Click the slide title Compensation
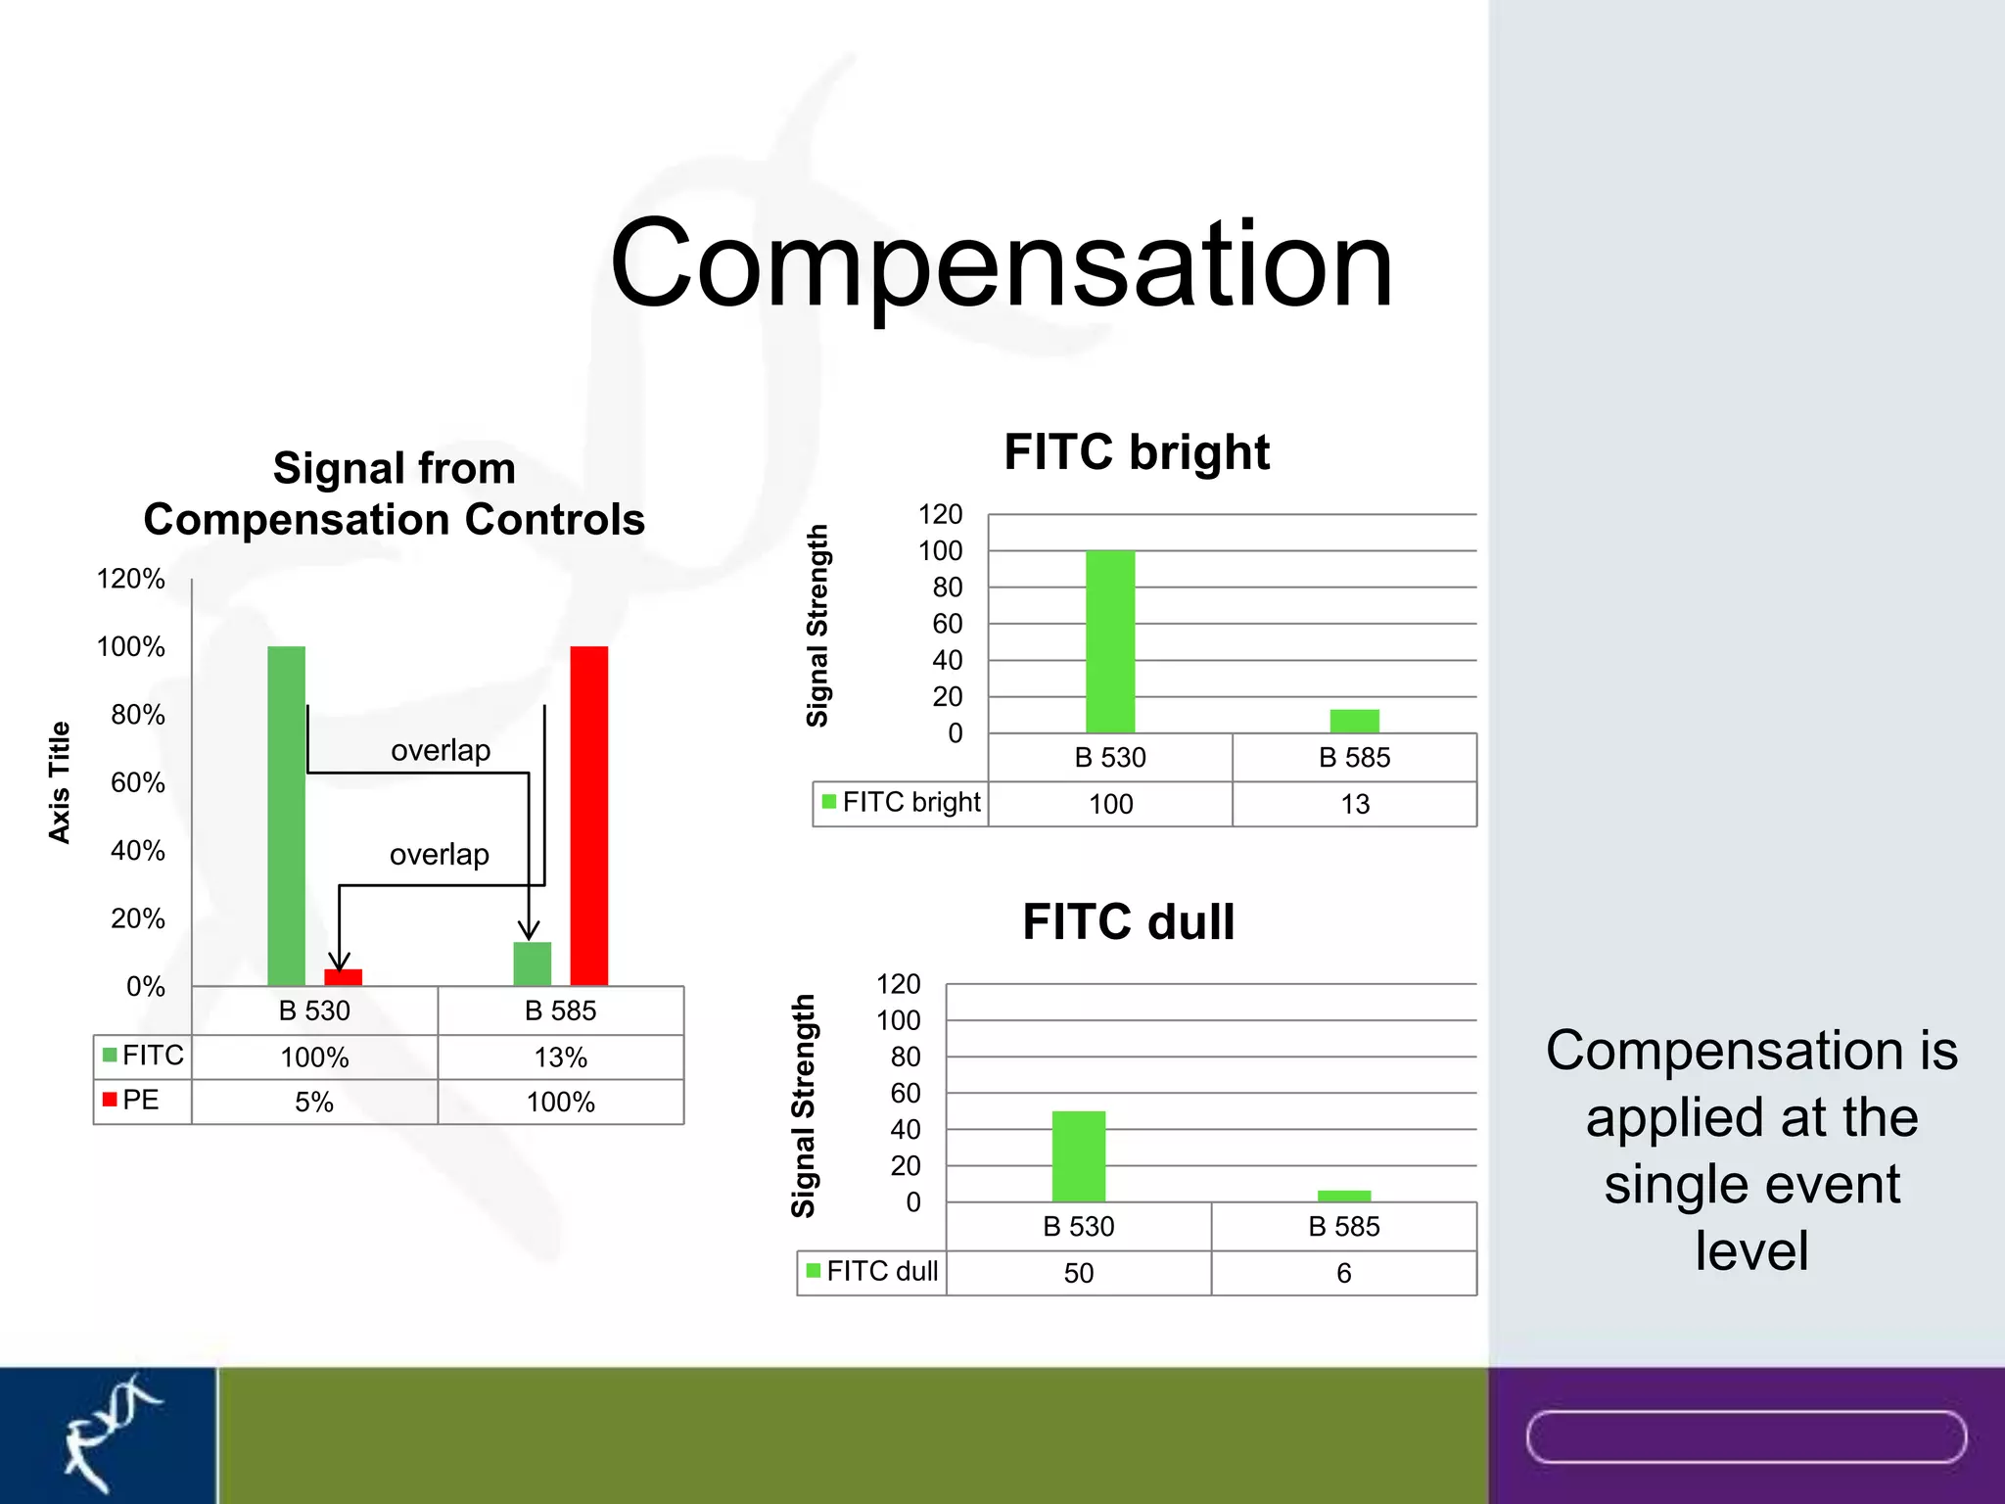(1001, 264)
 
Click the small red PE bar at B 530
(343, 977)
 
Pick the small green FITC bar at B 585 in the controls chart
(532, 963)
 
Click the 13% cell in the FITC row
(560, 1057)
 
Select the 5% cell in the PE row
(314, 1103)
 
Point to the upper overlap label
(441, 750)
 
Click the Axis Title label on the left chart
(60, 782)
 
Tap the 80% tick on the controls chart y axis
(137, 715)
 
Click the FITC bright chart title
(1136, 452)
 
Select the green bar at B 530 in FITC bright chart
(1110, 641)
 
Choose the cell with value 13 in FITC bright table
(1354, 804)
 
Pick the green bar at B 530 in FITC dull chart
(1078, 1155)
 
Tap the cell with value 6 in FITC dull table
(1343, 1273)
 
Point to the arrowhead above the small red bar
(339, 961)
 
